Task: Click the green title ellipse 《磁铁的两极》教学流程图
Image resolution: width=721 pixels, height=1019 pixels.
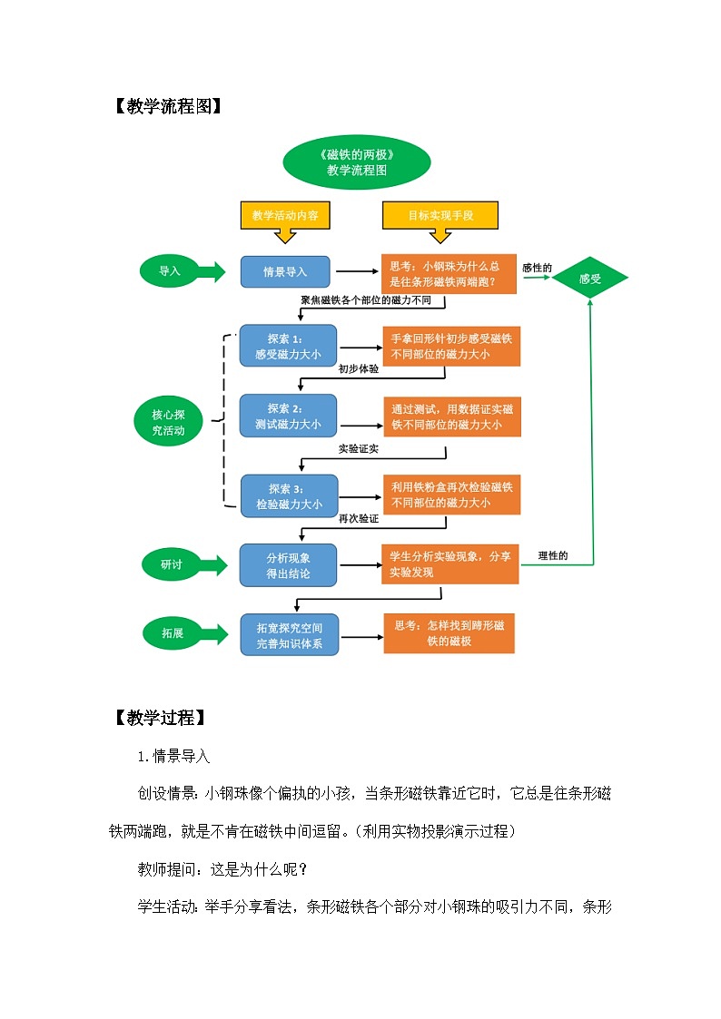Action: coord(357,162)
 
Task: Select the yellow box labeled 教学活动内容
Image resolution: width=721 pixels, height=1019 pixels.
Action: coord(284,215)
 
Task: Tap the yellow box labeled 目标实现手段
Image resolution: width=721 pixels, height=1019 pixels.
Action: coord(440,215)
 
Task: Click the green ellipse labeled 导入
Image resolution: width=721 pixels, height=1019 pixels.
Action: coord(170,271)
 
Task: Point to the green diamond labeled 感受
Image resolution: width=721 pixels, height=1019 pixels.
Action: coord(590,279)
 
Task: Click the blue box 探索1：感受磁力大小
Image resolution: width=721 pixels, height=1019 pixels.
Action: coord(288,346)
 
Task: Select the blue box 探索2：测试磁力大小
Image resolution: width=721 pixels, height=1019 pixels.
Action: coord(288,416)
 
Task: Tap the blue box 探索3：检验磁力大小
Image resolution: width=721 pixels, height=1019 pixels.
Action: coord(288,495)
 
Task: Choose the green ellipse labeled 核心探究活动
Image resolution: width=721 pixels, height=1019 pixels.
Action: coord(169,422)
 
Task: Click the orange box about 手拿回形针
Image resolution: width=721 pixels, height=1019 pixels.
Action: coord(451,347)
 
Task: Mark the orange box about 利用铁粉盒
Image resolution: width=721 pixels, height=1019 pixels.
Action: coord(451,495)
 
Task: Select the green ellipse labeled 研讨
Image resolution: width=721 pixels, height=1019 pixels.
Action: coord(171,564)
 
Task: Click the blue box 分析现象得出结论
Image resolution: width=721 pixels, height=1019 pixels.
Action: coord(288,564)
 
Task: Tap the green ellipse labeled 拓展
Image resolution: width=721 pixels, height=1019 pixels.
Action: coord(171,632)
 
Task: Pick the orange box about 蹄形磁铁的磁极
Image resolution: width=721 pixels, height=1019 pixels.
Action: coord(449,632)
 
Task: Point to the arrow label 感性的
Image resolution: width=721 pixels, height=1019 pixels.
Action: coord(537,268)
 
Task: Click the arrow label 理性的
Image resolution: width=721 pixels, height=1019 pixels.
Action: coord(552,555)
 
